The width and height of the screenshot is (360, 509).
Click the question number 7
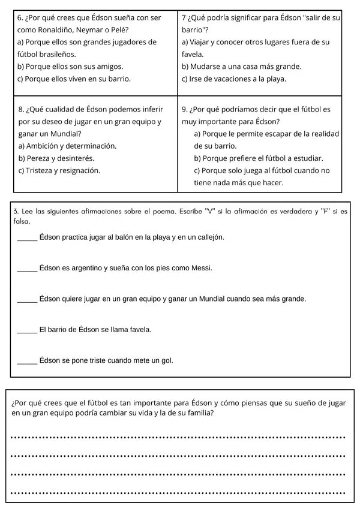click(x=184, y=18)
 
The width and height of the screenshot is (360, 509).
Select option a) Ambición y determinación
click(x=68, y=146)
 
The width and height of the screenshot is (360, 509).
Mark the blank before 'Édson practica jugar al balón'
click(x=27, y=238)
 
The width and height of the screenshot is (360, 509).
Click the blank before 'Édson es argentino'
click(x=27, y=269)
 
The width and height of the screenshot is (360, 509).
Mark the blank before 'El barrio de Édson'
click(x=27, y=330)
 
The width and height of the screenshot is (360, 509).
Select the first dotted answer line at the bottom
click(x=178, y=438)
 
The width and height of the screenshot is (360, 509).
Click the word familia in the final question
click(x=197, y=414)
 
